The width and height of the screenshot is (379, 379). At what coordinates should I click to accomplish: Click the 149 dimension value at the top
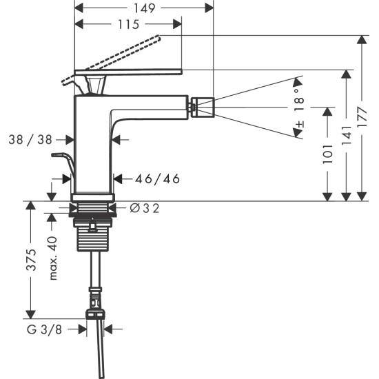(x=143, y=8)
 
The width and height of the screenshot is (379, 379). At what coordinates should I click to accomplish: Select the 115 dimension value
(x=127, y=24)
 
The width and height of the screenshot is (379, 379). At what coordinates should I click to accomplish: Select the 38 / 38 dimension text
(x=30, y=140)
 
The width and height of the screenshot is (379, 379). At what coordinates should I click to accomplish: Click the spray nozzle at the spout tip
(x=203, y=107)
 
